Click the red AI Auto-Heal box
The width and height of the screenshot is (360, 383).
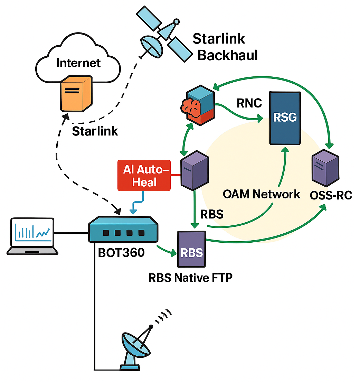tap(144, 175)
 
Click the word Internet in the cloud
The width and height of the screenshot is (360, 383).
tap(78, 63)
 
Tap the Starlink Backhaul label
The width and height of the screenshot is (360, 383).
tap(225, 47)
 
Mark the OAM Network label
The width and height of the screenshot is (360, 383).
tap(261, 194)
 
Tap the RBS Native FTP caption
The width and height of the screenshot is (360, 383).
tap(190, 277)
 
